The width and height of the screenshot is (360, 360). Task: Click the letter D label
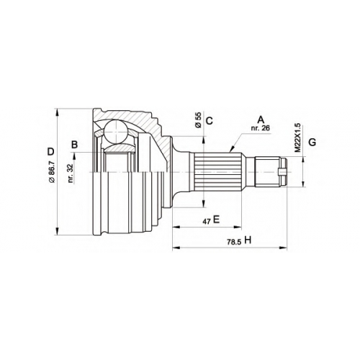[50, 152]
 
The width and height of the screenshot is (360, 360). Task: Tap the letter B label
[75, 145]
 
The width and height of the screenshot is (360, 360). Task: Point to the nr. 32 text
[71, 174]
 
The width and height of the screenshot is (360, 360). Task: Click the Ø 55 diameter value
[198, 120]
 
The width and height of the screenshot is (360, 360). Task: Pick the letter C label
[210, 121]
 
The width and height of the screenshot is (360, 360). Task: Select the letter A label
[261, 120]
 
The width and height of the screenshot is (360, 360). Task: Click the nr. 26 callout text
[261, 128]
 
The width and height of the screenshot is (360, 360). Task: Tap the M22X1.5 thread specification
[297, 138]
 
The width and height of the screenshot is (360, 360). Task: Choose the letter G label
[312, 143]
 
